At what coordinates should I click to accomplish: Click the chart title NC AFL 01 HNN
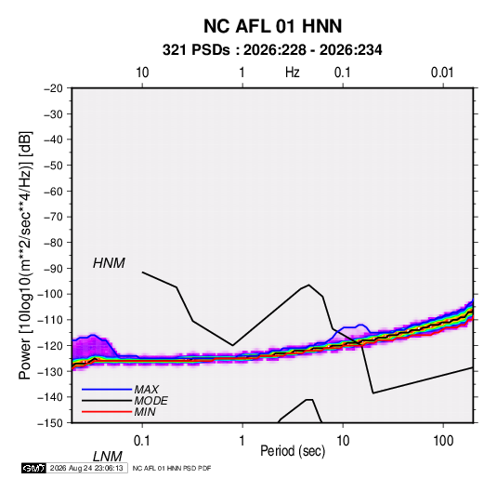[272, 26]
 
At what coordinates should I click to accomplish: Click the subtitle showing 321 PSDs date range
[272, 50]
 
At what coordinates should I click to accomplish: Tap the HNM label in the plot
[109, 263]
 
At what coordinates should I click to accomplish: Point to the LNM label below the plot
[108, 457]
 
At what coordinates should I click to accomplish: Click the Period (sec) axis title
[293, 451]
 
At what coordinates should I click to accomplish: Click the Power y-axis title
[25, 255]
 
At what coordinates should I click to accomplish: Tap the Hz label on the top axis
[293, 73]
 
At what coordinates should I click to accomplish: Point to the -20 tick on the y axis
[53, 88]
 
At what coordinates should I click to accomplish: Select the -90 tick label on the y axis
[53, 268]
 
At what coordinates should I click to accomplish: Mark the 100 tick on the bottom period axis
[443, 441]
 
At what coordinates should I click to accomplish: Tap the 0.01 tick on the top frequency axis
[442, 73]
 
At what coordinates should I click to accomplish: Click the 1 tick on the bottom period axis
[242, 441]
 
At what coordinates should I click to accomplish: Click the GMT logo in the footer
[33, 468]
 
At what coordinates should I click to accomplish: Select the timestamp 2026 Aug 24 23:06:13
[86, 468]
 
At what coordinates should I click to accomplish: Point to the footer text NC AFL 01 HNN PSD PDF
[172, 468]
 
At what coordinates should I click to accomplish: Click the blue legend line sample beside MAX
[107, 390]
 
